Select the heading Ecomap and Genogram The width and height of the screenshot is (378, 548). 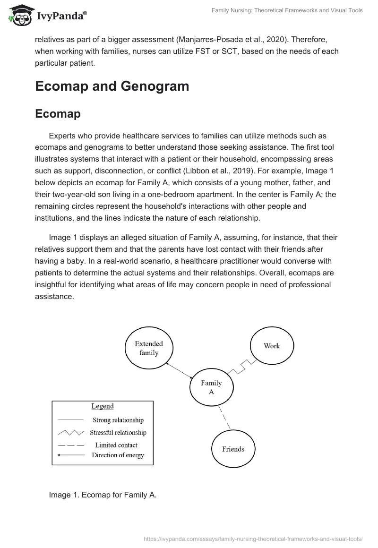pos(112,86)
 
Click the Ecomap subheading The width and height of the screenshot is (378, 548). pos(58,114)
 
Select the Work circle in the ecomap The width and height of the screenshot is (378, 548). pos(272,346)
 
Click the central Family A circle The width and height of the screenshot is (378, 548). pos(211,387)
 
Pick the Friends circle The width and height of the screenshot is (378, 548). pos(233,449)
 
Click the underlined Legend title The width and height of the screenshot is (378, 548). pos(103,406)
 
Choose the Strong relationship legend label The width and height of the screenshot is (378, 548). pos(118,420)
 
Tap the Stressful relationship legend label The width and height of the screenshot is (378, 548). pos(120,432)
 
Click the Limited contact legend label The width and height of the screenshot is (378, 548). pos(116,445)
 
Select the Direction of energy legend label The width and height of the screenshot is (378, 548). pos(118,455)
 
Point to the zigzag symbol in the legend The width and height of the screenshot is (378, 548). pos(70,432)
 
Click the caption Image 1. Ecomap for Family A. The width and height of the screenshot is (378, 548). pos(103,495)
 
